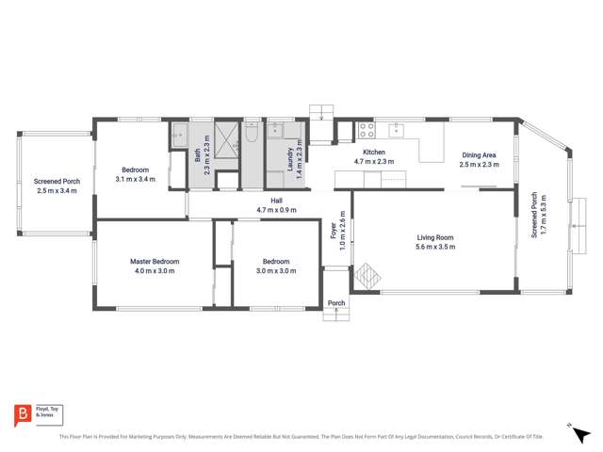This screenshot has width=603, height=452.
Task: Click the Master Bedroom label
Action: pos(155,261)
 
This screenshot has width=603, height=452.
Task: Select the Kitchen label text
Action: pos(374,153)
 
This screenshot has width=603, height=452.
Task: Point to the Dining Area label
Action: pos(478,155)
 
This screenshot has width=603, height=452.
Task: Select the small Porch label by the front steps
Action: pos(336,303)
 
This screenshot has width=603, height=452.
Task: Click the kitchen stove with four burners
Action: pos(367,129)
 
